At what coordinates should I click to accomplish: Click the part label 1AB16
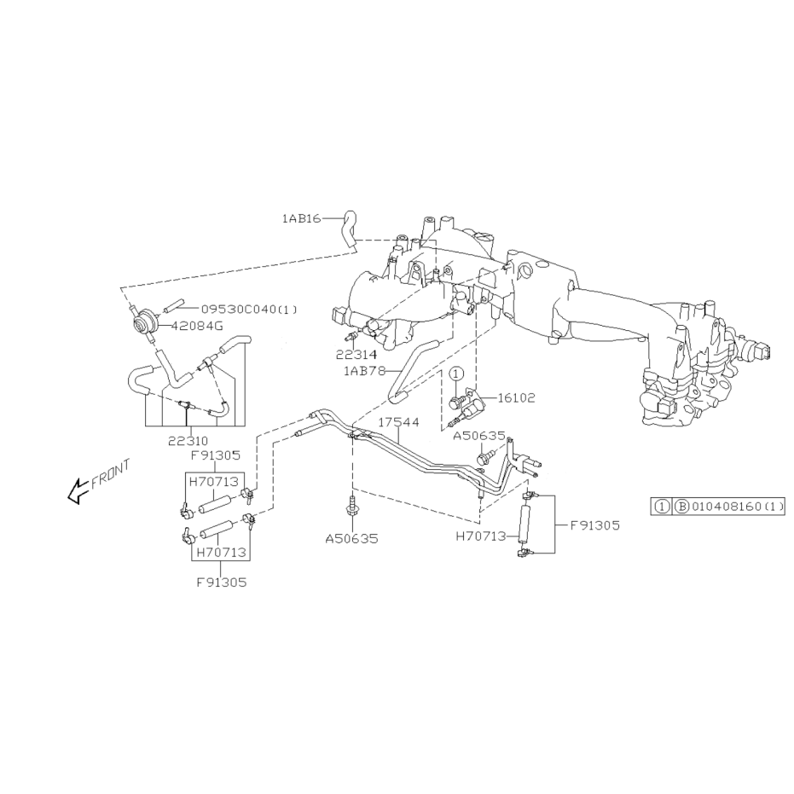tap(301, 218)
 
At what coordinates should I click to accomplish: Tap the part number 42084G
tap(197, 326)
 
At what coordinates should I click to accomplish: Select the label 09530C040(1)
tap(249, 309)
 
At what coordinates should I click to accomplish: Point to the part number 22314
tap(356, 355)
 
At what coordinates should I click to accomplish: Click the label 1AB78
tap(364, 371)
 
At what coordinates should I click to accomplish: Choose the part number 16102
tap(516, 398)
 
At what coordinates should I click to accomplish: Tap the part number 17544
tap(399, 422)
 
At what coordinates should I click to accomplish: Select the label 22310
tap(188, 441)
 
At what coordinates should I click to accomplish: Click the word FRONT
tap(110, 474)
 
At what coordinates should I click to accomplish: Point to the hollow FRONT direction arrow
tap(78, 490)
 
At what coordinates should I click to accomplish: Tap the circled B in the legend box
tap(681, 506)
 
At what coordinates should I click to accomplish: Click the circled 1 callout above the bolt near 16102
tap(457, 374)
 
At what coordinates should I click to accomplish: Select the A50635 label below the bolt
tap(351, 539)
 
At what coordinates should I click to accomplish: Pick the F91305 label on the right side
tap(595, 525)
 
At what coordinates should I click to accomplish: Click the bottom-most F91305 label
tap(222, 582)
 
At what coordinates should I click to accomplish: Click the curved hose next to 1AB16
tap(350, 229)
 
